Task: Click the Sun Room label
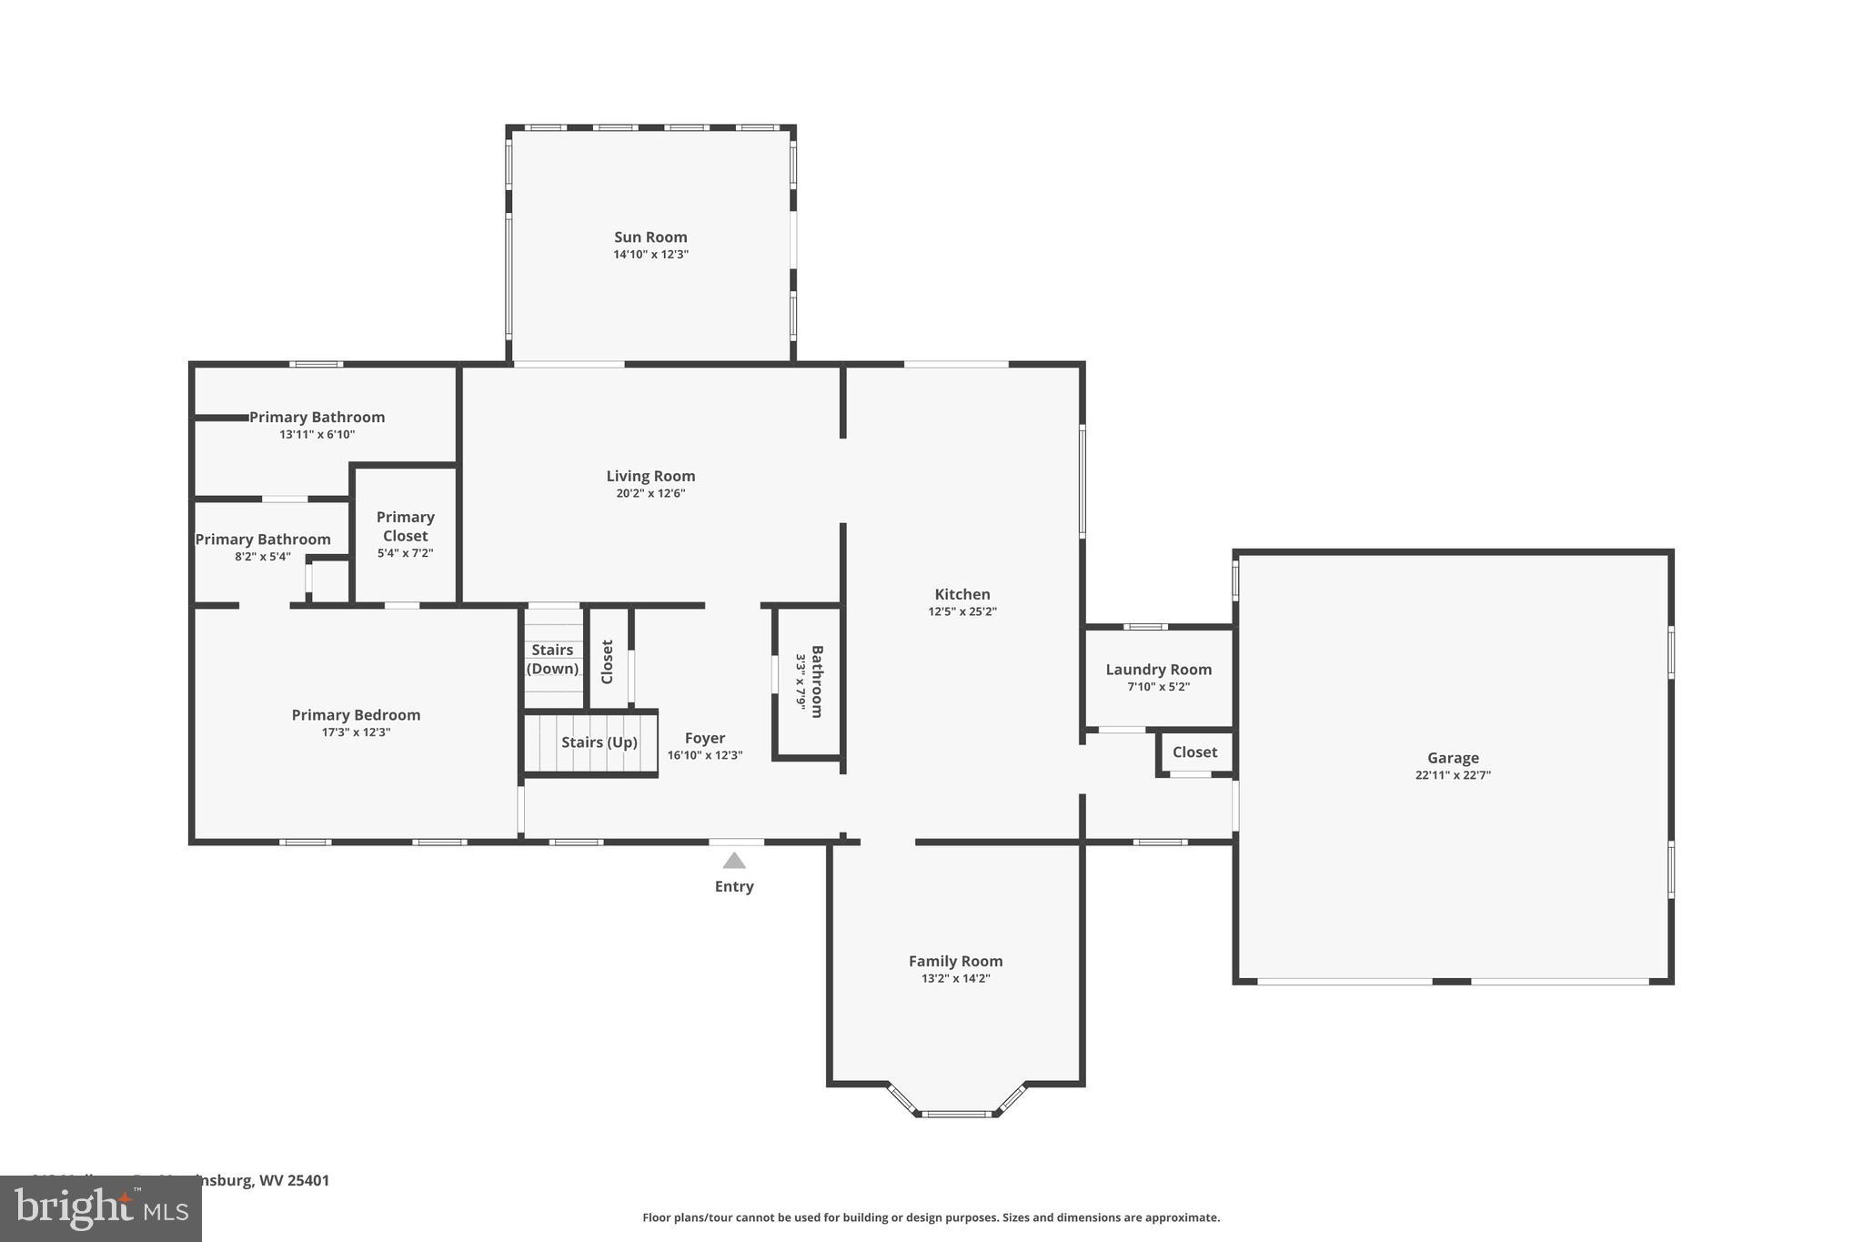(x=650, y=237)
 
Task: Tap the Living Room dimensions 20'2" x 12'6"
(x=650, y=493)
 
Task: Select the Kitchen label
(x=962, y=594)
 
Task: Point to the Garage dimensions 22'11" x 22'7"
(x=1453, y=775)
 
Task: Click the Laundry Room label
(x=1158, y=670)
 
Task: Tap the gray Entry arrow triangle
(x=734, y=861)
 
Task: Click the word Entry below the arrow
(x=734, y=886)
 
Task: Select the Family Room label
(x=955, y=961)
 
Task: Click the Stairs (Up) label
(x=599, y=742)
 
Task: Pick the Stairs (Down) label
(x=552, y=660)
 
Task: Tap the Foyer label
(x=705, y=738)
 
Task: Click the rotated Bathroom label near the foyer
(x=817, y=682)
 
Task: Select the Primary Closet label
(x=405, y=526)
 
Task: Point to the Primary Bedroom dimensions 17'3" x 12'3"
(x=356, y=732)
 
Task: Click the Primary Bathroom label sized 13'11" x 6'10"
(x=317, y=418)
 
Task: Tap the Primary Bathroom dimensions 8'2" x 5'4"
(x=262, y=557)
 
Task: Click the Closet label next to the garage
(x=1194, y=752)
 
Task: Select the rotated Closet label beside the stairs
(x=608, y=661)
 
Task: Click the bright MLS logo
(x=100, y=1209)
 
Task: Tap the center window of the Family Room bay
(x=955, y=1113)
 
